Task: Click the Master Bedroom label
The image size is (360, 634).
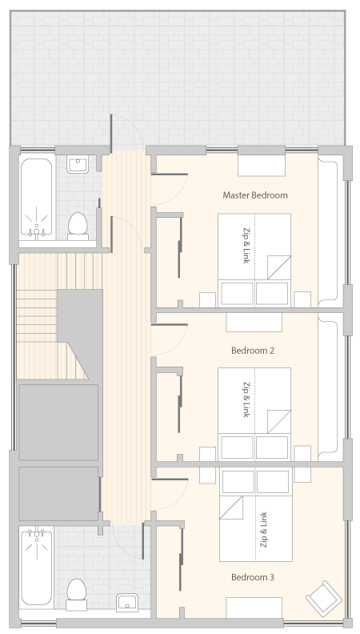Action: (255, 195)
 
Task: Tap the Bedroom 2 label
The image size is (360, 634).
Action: (253, 351)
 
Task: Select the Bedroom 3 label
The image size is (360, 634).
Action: (253, 577)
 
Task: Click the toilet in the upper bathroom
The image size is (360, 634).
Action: (78, 226)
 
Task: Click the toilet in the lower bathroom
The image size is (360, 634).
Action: (76, 594)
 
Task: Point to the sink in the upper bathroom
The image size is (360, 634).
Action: (78, 166)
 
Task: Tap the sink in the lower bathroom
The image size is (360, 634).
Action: (127, 603)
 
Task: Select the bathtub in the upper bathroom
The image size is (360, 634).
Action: (36, 197)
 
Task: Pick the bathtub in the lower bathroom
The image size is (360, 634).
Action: (36, 566)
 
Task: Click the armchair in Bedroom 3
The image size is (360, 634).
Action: (324, 599)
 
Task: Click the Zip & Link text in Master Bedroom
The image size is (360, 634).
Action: (246, 247)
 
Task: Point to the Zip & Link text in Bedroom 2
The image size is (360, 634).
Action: (246, 400)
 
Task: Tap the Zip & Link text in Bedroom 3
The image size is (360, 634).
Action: (264, 530)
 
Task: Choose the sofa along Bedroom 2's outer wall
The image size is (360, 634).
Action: (328, 387)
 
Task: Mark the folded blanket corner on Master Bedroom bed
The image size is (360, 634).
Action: (278, 267)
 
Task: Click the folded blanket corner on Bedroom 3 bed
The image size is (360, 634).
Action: (231, 508)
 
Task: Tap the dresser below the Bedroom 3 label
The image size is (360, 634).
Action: (254, 608)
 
